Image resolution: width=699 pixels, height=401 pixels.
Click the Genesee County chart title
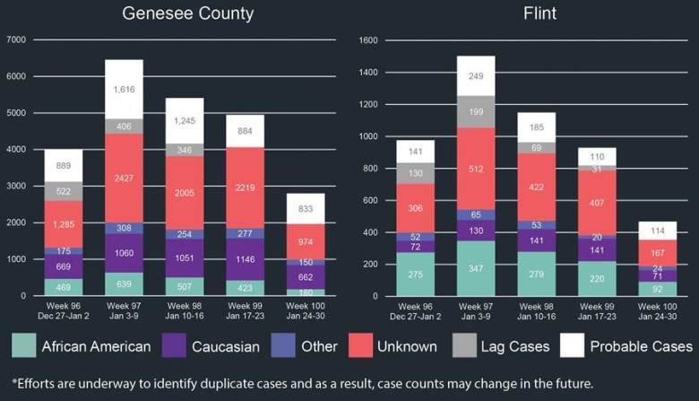187,13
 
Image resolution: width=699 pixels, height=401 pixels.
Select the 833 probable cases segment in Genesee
305,208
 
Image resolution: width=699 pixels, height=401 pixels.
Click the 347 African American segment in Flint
475,268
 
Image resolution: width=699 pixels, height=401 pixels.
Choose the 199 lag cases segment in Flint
475,111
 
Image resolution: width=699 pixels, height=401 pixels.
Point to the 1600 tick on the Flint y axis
369,40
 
